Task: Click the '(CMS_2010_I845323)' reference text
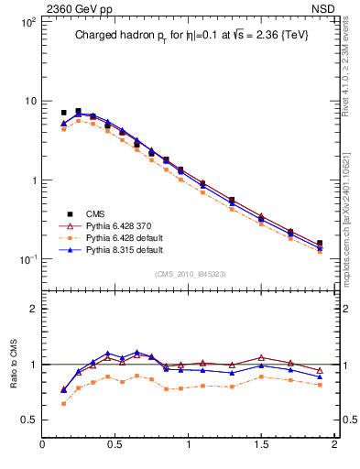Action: (x=190, y=273)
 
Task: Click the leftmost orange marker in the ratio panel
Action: (x=63, y=404)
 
